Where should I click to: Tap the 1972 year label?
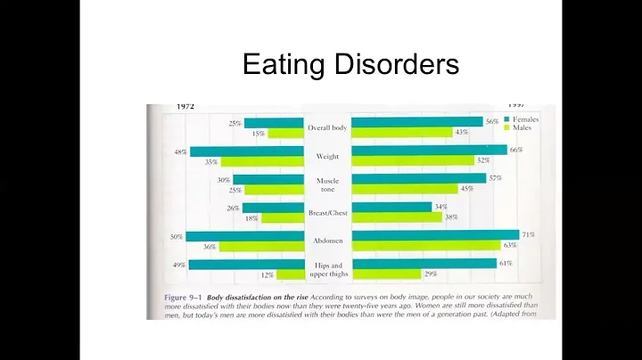185,106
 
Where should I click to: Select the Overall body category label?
327,127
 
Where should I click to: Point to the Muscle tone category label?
327,184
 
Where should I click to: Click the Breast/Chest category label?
327,212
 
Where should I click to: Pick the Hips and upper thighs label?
327,269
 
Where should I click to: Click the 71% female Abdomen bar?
436,235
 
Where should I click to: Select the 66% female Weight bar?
429,151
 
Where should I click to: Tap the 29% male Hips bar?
385,274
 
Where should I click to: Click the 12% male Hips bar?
290,274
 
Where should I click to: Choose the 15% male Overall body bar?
285,134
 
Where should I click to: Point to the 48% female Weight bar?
247,151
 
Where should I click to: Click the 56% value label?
491,122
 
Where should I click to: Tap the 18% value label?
251,217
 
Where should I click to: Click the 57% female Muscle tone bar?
419,178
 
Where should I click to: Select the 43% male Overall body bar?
401,133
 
